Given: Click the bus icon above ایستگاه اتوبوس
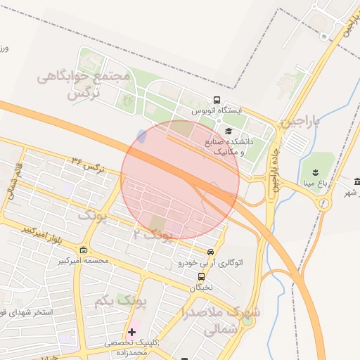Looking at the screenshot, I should pos(217,101).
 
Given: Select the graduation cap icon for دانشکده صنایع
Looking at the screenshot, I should pos(228,131).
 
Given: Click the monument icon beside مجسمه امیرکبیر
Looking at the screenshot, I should pos(84,250).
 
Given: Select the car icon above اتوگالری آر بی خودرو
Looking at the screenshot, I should pos(211,252).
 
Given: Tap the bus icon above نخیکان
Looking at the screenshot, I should pos(201,276).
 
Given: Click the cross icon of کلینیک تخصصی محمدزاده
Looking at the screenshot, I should pos(131,331).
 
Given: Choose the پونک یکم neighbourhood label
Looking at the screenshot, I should pos(119,302).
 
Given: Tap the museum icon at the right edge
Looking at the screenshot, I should pos(356,181).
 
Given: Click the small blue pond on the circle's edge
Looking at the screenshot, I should pos(142,136).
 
